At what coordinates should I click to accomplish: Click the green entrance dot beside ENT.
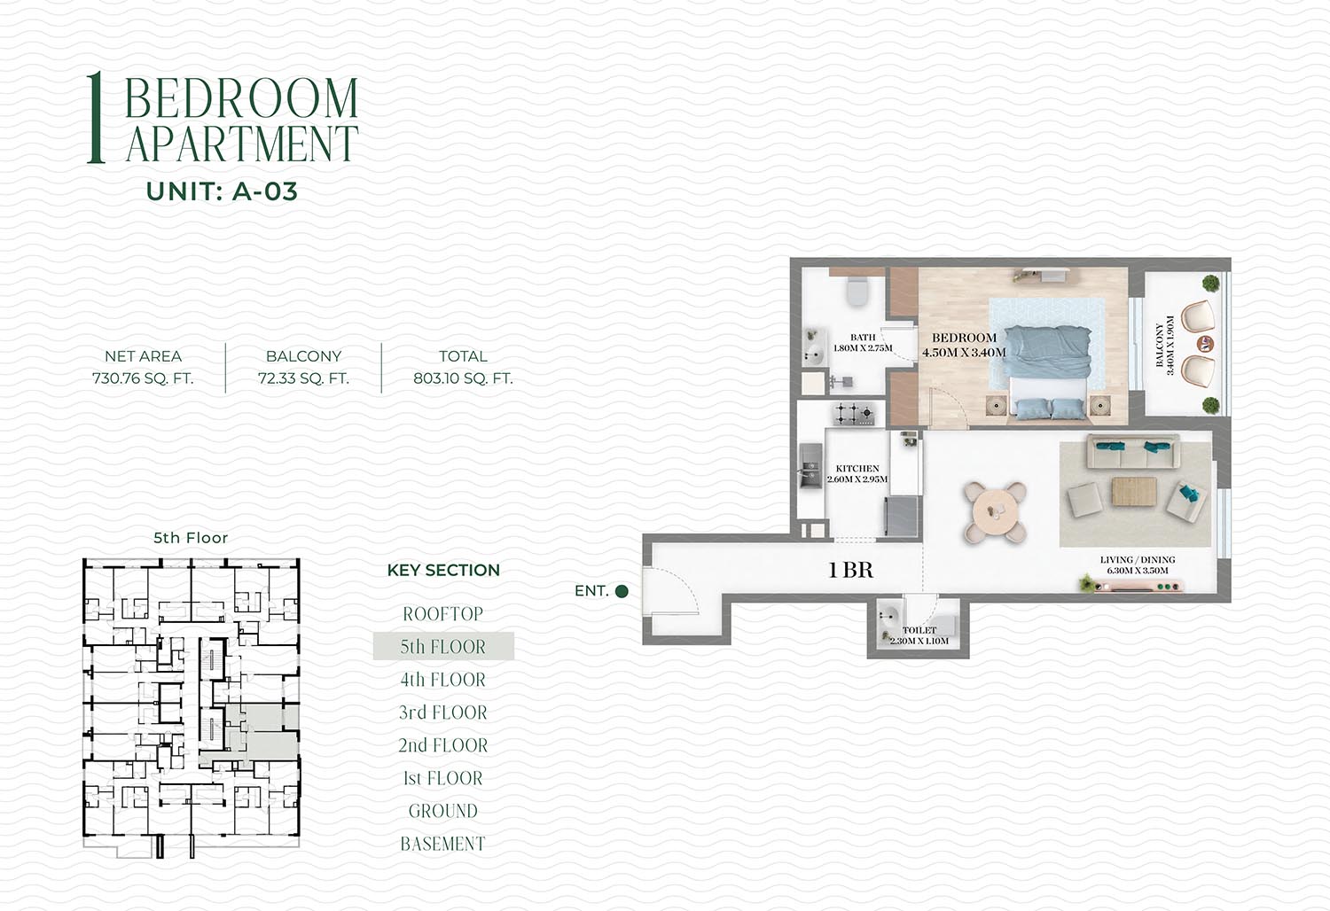622,591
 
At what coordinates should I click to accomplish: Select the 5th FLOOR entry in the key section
443,646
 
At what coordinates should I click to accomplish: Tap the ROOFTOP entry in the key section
443,613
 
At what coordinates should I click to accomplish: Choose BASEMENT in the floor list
443,844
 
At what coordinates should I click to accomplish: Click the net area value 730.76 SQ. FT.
143,378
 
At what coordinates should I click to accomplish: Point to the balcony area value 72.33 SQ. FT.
303,378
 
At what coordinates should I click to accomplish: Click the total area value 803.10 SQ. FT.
463,378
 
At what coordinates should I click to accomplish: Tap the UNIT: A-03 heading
222,191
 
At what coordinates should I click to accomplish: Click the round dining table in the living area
995,512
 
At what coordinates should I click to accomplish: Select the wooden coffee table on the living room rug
1134,492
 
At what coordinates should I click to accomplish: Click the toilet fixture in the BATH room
857,290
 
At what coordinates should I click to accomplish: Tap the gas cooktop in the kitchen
853,414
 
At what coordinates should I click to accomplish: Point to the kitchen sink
810,466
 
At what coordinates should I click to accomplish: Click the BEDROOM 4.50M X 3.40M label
965,345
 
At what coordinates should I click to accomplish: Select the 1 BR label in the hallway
850,571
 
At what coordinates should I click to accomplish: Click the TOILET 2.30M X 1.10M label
919,635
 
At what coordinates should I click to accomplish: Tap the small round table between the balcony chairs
1205,343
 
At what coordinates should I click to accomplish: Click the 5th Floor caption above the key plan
191,538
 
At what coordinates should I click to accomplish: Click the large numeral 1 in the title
96,118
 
